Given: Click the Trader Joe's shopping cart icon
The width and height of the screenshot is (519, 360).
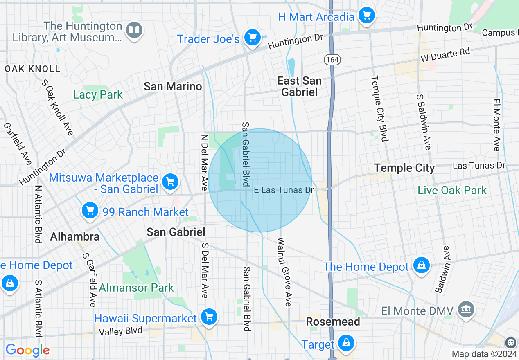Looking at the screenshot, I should point(253,38).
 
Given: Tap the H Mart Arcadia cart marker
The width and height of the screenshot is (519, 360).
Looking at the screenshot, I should point(366,16).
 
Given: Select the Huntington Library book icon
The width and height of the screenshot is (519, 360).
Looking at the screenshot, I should point(134,30).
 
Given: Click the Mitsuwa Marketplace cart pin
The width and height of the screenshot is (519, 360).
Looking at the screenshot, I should point(170,182).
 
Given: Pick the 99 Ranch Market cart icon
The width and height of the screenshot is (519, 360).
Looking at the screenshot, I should point(90,211).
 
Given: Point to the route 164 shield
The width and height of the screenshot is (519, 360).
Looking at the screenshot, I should point(332,60).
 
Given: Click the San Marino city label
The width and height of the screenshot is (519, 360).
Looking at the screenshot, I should point(173,86).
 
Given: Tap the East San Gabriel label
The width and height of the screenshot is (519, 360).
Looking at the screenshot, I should point(299,86).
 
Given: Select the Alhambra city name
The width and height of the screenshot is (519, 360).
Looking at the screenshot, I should point(74,236).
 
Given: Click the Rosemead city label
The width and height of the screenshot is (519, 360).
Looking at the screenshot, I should point(333,322).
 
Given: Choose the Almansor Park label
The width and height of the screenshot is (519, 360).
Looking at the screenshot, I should point(136,288).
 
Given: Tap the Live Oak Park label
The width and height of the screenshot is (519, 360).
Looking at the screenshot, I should point(452,190).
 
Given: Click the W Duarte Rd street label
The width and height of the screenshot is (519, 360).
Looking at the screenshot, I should point(445,54).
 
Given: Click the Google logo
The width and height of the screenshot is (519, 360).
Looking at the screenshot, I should point(27,350).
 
